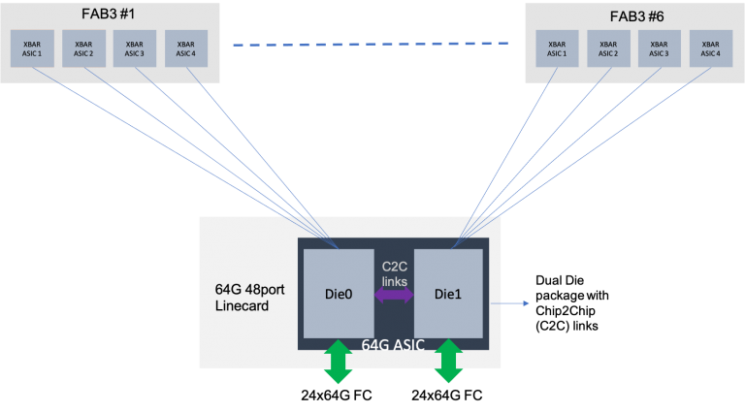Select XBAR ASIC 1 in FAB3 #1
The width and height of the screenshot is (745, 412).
31,48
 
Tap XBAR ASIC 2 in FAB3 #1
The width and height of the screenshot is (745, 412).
82,48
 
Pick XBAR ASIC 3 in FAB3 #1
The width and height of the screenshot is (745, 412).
134,48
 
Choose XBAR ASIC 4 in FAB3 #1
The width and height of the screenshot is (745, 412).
185,48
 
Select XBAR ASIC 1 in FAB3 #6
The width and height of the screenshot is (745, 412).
557,48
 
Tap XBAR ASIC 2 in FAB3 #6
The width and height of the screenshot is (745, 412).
608,48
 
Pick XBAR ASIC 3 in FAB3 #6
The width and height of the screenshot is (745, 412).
660,48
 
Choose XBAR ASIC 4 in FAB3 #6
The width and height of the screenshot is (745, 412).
711,48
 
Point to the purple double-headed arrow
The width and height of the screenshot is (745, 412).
394,296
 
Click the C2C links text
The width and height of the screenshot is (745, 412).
394,273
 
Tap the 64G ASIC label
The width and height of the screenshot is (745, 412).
394,344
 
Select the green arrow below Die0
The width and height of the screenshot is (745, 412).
338,362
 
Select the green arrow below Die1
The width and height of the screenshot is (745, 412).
447,362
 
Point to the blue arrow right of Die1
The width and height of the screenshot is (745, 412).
510,303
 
